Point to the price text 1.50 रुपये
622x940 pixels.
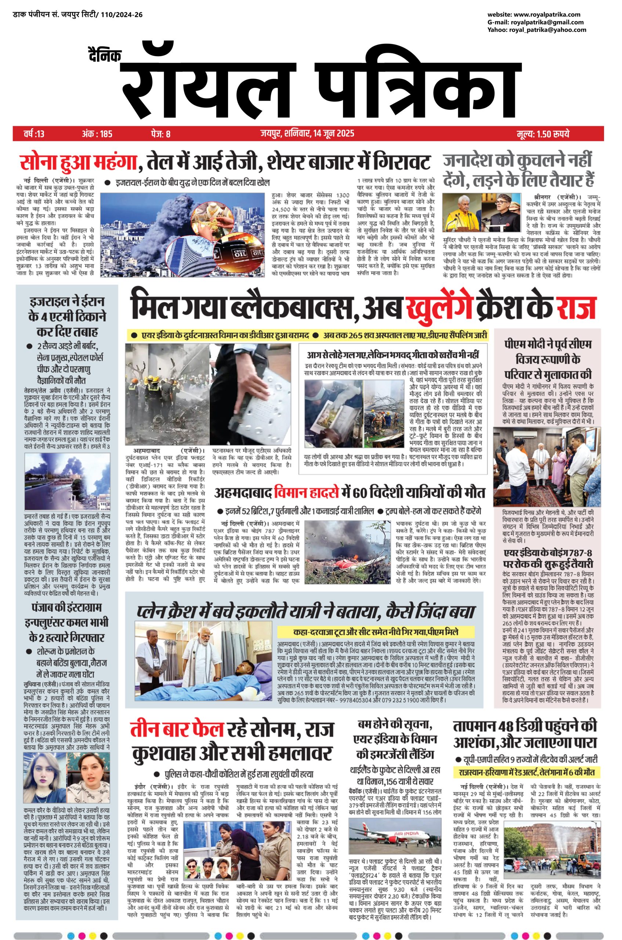point(553,134)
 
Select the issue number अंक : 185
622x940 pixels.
point(97,134)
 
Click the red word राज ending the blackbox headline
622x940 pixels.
point(576,307)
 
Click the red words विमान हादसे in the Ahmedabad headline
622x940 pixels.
point(305,493)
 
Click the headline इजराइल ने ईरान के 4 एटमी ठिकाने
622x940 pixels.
point(67,316)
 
